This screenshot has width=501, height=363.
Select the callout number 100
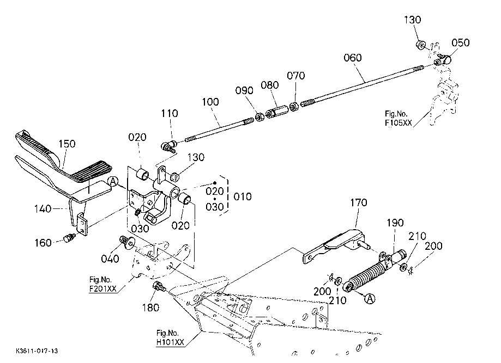pyautogui.click(x=211, y=101)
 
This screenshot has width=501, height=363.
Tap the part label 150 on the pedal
pyautogui.click(x=68, y=144)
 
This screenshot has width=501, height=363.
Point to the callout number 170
pyautogui.click(x=359, y=203)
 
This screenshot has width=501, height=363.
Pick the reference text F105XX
pyautogui.click(x=396, y=122)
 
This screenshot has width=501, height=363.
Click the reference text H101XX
pyautogui.click(x=171, y=342)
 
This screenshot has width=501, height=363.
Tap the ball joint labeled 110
pyautogui.click(x=167, y=145)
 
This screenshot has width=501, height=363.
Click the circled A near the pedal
pyautogui.click(x=113, y=181)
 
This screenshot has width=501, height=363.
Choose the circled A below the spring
pyautogui.click(x=369, y=298)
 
